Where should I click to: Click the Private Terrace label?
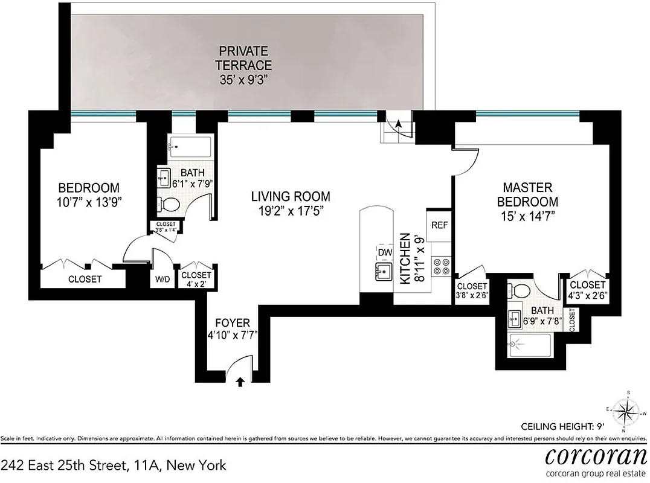pyautogui.click(x=245, y=65)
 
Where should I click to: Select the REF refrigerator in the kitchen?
pyautogui.click(x=439, y=225)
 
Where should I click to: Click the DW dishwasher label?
pyautogui.click(x=385, y=252)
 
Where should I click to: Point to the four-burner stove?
pyautogui.click(x=441, y=266)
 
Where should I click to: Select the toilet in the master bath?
pyautogui.click(x=520, y=292)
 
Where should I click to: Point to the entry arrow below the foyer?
pyautogui.click(x=240, y=382)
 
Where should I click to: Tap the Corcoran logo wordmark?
pyautogui.click(x=596, y=456)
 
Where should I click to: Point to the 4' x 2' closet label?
pyautogui.click(x=195, y=278)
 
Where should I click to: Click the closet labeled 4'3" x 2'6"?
pyautogui.click(x=587, y=290)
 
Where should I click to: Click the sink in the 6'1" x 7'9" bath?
pyautogui.click(x=162, y=178)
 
